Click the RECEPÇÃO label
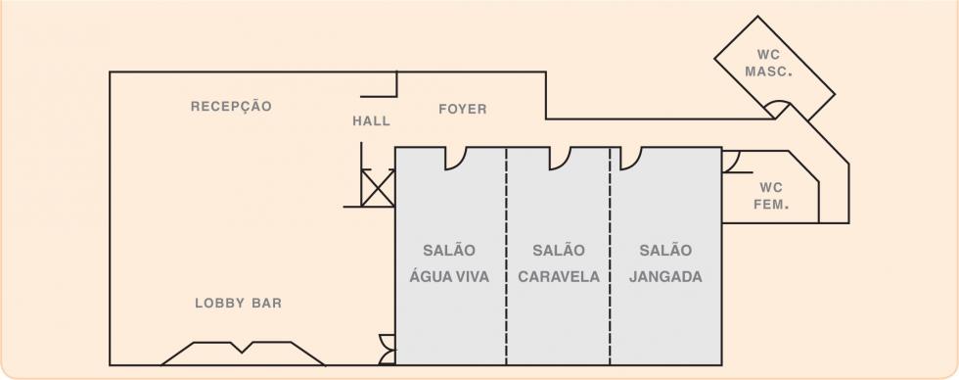(x=231, y=107)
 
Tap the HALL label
(x=371, y=121)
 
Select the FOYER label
(x=463, y=109)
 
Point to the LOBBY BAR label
(x=239, y=303)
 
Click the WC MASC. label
(x=769, y=63)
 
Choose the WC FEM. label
(x=771, y=196)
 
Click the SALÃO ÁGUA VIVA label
(x=449, y=263)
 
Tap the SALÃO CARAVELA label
(x=559, y=263)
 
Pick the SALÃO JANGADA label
(x=665, y=263)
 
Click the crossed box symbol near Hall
(x=378, y=188)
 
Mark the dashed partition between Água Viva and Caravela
(x=507, y=256)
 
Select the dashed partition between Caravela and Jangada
(x=610, y=256)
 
